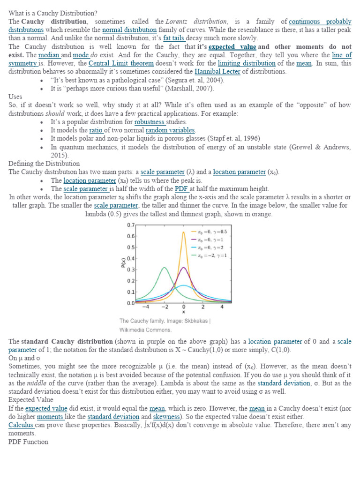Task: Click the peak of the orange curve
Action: coord(183,232)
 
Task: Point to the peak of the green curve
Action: coord(164,268)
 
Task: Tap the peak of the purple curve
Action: coord(184,268)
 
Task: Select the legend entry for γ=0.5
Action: coord(210,232)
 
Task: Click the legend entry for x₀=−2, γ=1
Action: coord(210,255)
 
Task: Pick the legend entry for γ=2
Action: coord(210,247)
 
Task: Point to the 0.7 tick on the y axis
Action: coord(131,225)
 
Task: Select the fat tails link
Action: coord(174,38)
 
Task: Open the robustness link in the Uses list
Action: coord(150,121)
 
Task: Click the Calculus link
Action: coord(21,425)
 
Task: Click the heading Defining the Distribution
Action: coord(44,164)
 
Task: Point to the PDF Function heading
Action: coord(28,442)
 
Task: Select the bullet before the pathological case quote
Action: coord(42,80)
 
